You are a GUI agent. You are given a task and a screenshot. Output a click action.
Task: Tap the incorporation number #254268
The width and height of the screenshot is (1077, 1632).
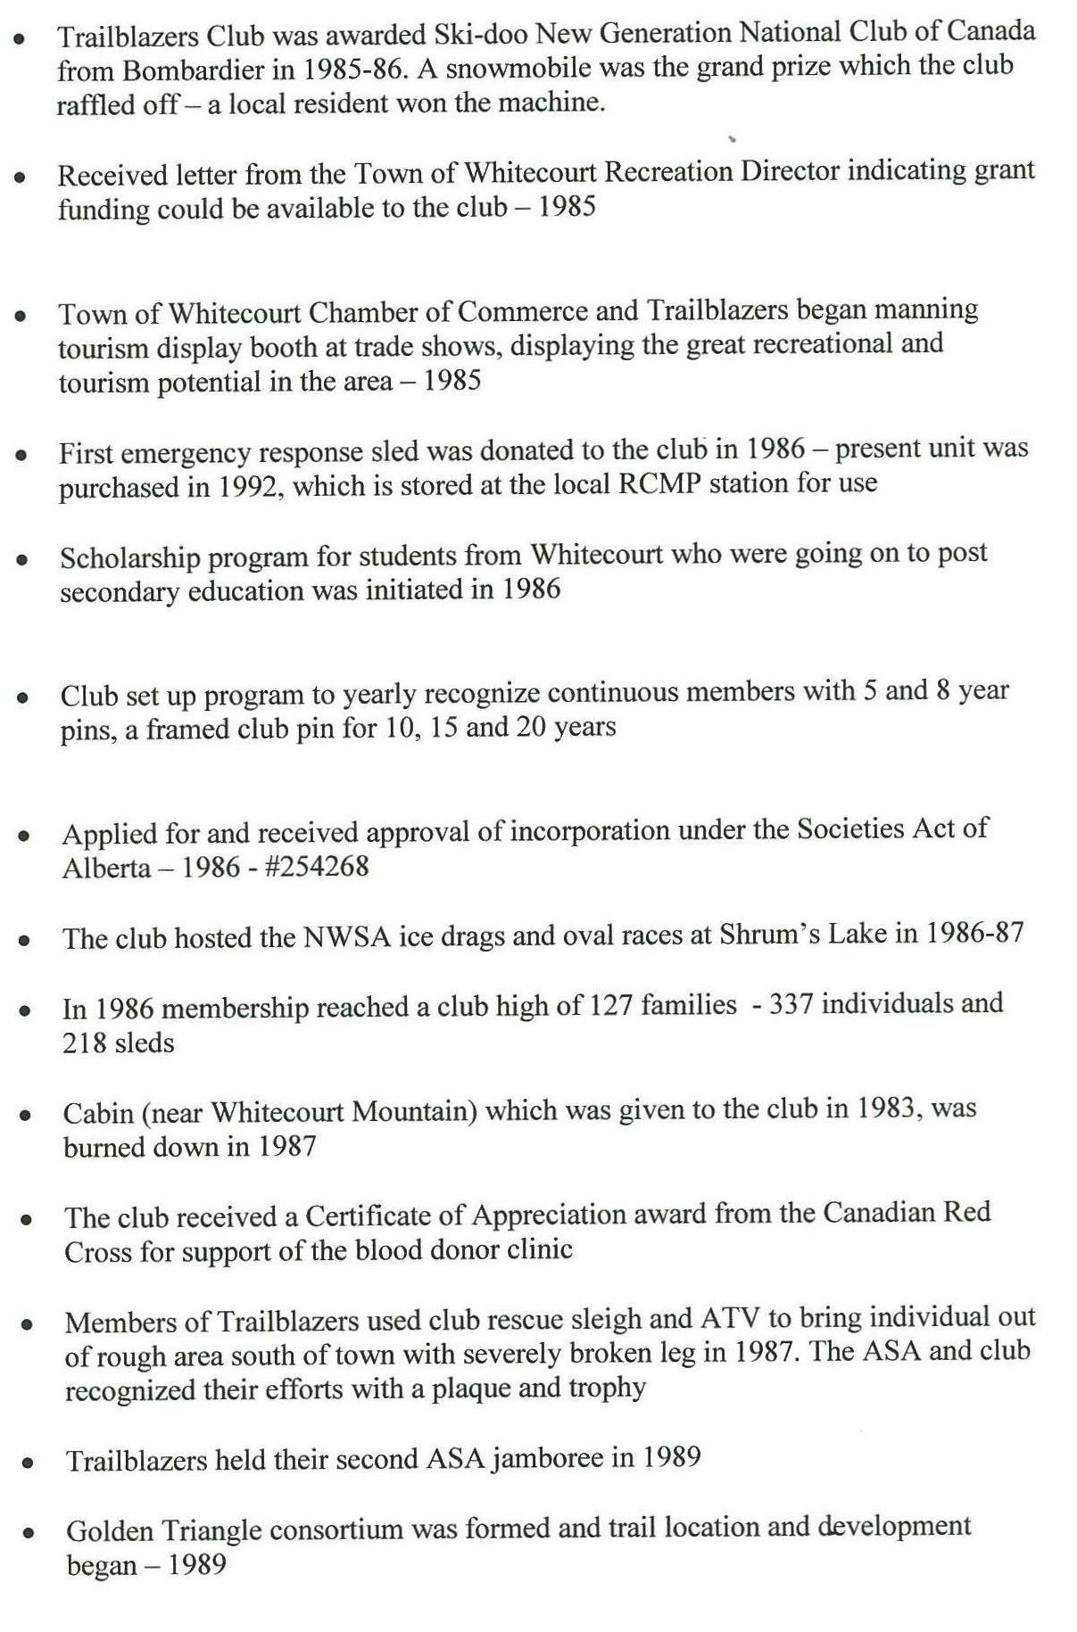(317, 866)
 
